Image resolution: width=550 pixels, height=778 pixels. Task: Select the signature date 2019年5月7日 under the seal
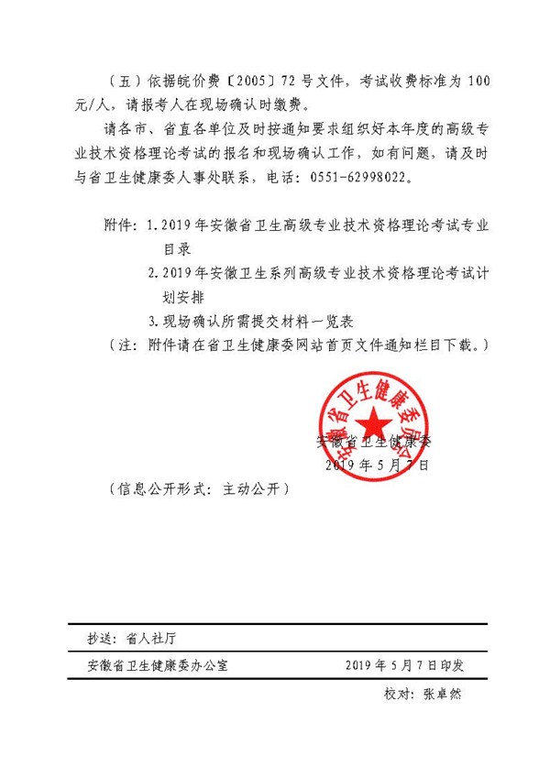tap(377, 465)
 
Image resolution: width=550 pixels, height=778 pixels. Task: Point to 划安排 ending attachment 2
tap(190, 298)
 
